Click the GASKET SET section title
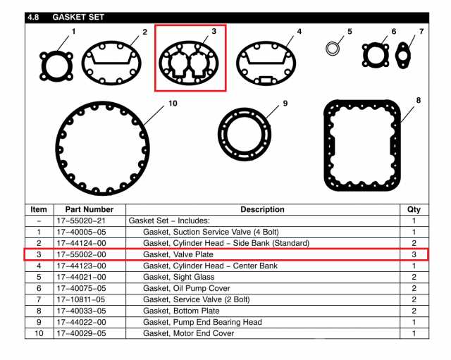(78, 17)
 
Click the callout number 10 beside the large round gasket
(173, 104)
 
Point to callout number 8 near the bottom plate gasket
(418, 100)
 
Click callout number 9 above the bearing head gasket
(285, 104)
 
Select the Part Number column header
(89, 209)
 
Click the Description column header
(262, 209)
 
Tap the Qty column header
(414, 209)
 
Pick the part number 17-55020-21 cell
(81, 221)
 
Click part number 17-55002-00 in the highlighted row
(81, 254)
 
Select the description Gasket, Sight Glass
(178, 277)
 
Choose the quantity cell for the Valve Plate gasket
(414, 254)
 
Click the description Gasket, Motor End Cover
(188, 333)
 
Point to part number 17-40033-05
(81, 311)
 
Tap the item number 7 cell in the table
(39, 299)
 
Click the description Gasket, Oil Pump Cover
(186, 288)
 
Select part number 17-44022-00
(81, 322)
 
